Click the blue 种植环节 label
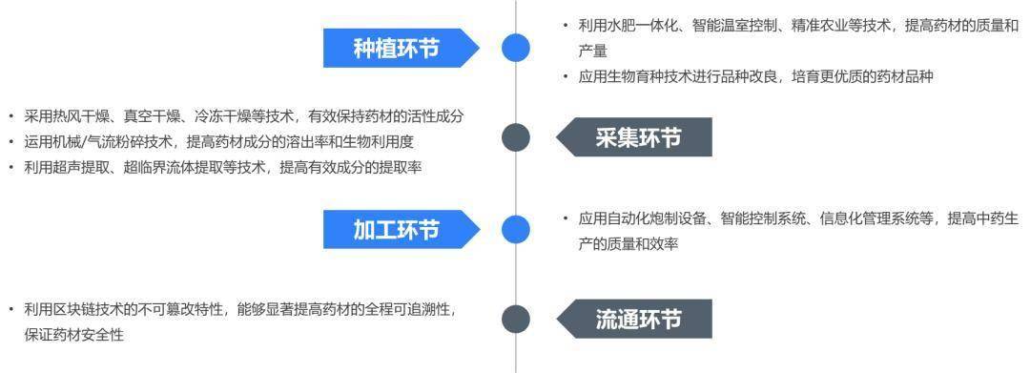coord(397,48)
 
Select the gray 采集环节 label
coord(639,138)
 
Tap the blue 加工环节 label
coord(397,230)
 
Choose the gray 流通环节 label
coord(639,319)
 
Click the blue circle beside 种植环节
coord(516,48)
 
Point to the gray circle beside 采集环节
coord(516,138)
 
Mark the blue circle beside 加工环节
coord(516,229)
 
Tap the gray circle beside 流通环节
coord(516,319)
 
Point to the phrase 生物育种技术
coord(649,77)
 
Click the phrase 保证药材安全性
coord(74,335)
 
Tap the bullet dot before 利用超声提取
coord(12,167)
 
